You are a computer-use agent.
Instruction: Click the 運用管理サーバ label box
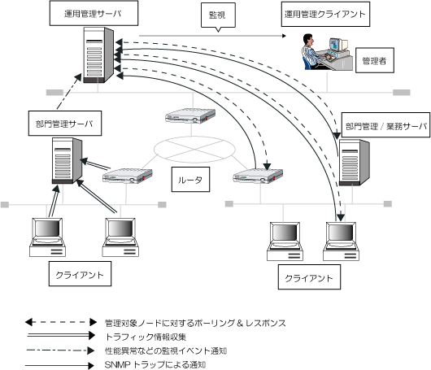[94, 13]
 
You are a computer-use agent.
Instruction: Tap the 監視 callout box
[218, 15]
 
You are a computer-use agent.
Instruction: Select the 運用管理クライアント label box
[325, 14]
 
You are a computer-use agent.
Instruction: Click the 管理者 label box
[375, 60]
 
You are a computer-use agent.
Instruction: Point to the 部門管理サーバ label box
[65, 124]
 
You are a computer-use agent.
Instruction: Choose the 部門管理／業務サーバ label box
[385, 124]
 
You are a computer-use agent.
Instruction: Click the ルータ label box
[190, 179]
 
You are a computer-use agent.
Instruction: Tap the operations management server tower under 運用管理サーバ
[98, 55]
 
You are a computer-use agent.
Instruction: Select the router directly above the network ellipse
[190, 115]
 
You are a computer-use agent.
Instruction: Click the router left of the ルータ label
[127, 176]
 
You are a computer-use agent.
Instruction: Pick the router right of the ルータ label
[258, 176]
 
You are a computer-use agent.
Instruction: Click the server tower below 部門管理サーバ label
[67, 161]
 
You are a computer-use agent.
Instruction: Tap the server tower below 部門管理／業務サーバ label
[354, 163]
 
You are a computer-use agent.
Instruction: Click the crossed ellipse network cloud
[194, 150]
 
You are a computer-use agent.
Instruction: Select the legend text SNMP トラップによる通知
[155, 365]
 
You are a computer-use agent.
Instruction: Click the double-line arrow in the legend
[61, 336]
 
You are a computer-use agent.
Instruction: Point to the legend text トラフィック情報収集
[146, 337]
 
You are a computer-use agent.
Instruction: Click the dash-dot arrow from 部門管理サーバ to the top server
[69, 92]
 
